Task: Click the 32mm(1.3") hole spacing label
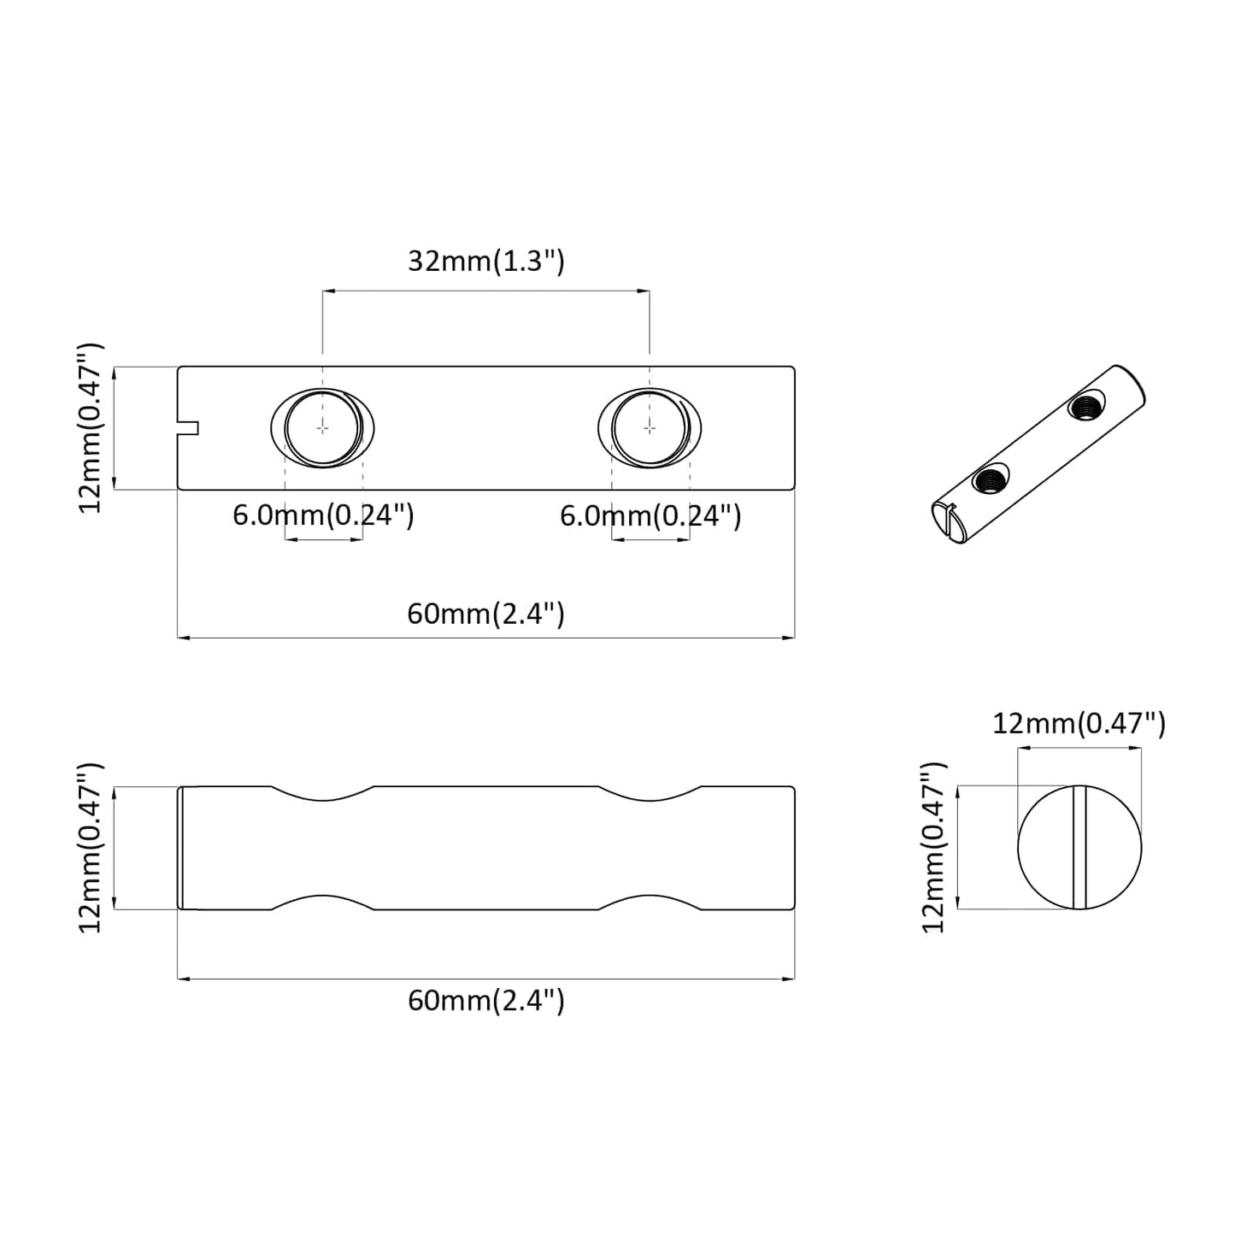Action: (485, 261)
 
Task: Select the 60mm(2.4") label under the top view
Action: (485, 614)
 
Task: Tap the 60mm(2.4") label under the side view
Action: (485, 1000)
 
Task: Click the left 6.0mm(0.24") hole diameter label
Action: (323, 515)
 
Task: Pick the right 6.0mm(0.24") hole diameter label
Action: (650, 515)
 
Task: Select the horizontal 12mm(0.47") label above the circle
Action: (1079, 724)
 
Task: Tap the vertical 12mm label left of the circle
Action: (934, 847)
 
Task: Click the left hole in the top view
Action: (322, 426)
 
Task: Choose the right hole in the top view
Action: (650, 426)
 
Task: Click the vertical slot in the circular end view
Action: (1079, 848)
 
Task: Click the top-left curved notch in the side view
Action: (322, 794)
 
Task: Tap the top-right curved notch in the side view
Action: (650, 794)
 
